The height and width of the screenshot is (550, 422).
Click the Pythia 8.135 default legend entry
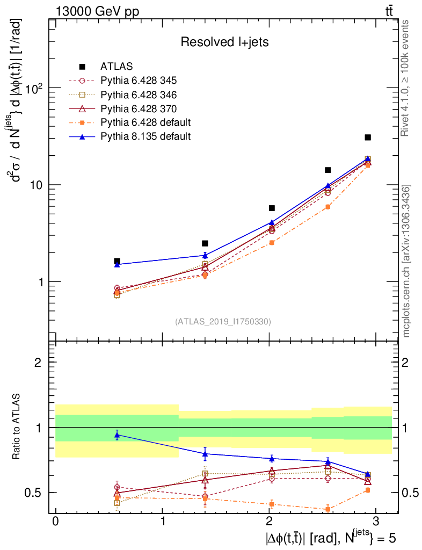(145, 136)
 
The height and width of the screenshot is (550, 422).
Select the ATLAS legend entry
(116, 67)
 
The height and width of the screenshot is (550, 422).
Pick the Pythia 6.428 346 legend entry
(139, 95)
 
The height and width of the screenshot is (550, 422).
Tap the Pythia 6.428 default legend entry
(145, 122)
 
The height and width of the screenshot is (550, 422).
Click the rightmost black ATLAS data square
(368, 137)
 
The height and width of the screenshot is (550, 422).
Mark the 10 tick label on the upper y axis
(35, 185)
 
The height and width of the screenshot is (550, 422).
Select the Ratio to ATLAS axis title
(17, 426)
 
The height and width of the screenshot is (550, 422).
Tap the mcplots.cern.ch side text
(406, 261)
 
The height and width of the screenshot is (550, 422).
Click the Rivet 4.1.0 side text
(406, 78)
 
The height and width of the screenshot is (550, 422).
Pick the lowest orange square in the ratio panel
(328, 509)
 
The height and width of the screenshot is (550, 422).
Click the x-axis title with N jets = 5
(331, 537)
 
